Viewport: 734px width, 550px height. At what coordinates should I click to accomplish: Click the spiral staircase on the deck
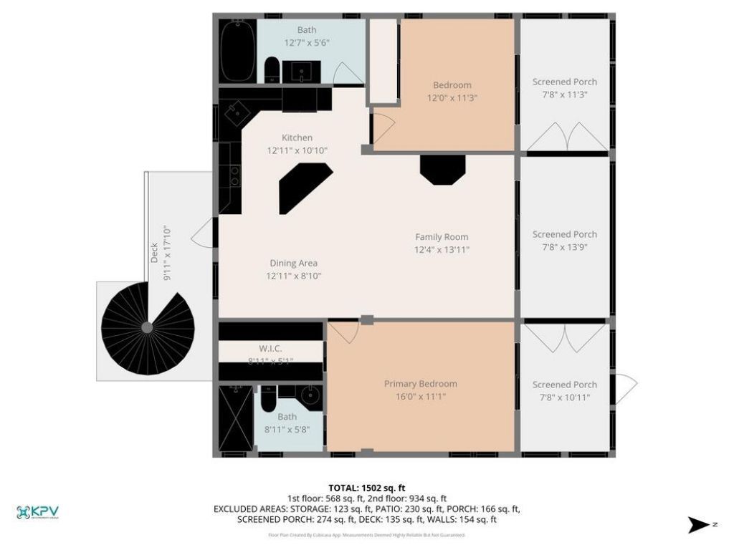click(x=148, y=327)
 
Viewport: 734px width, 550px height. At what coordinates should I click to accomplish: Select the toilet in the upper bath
click(x=272, y=70)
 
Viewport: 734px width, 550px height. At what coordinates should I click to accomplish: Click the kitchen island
click(x=304, y=187)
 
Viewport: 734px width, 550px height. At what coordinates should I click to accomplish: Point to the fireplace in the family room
click(x=442, y=170)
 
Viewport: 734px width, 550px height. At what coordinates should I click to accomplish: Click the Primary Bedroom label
click(x=420, y=384)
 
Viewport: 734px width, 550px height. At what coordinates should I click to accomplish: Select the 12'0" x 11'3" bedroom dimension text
click(x=452, y=98)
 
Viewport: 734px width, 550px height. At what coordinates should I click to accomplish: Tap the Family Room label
click(x=442, y=237)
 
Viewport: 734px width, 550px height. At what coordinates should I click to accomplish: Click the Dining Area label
click(x=293, y=263)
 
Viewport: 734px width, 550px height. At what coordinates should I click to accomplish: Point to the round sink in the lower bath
click(x=310, y=395)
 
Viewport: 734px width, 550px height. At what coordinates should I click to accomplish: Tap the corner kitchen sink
click(x=235, y=112)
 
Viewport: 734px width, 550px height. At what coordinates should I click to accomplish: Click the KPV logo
click(x=37, y=512)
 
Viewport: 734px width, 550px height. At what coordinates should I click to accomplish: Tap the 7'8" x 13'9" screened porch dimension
click(x=564, y=247)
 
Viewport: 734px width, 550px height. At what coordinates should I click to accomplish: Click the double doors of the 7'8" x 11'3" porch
click(x=564, y=137)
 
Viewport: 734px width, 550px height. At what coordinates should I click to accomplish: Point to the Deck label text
click(x=154, y=253)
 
